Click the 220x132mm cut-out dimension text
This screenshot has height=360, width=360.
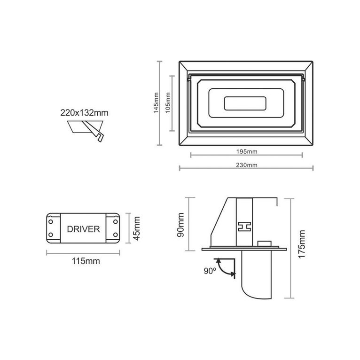[85, 113]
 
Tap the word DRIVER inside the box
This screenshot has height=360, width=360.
[83, 229]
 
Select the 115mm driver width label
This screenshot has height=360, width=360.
[83, 261]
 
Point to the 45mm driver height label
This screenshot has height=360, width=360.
[137, 229]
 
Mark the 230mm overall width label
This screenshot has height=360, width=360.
[247, 165]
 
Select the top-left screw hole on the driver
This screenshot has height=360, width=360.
[51, 220]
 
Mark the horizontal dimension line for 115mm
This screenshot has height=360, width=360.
[83, 253]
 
